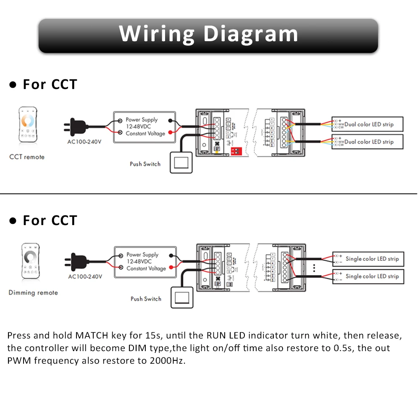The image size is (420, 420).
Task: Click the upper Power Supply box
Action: click(x=144, y=126)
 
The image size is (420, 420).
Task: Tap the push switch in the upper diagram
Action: click(x=181, y=162)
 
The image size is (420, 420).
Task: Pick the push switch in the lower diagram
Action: click(x=181, y=297)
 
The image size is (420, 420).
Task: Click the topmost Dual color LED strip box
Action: click(x=367, y=124)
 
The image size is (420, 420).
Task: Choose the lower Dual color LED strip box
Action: click(x=367, y=142)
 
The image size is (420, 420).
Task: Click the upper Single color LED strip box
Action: click(x=368, y=259)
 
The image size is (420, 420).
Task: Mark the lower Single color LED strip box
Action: click(x=368, y=276)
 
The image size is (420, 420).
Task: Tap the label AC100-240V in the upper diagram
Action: click(x=84, y=142)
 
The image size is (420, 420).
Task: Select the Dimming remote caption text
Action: click(x=33, y=293)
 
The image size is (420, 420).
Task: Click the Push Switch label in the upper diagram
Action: click(x=145, y=164)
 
